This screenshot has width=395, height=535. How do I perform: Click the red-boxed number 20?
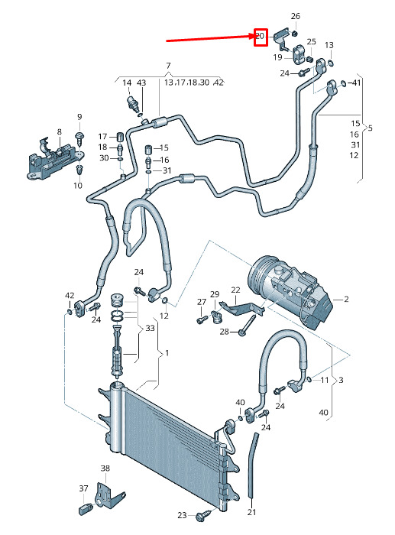click(261, 36)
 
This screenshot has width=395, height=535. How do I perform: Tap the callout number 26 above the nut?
click(296, 16)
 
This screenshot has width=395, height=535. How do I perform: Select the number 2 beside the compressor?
click(346, 300)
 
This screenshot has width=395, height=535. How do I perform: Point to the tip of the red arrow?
click(255, 35)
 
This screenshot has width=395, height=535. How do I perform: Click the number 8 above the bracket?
click(60, 131)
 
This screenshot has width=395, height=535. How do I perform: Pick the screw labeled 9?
click(79, 138)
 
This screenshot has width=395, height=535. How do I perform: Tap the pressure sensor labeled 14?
click(134, 102)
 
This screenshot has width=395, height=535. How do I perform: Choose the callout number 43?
click(141, 83)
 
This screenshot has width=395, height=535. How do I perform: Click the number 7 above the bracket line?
click(168, 66)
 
